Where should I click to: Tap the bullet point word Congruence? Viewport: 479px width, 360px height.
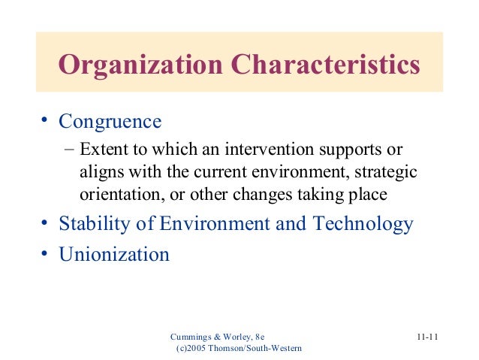pyautogui.click(x=110, y=121)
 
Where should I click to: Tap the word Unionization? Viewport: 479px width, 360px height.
pyautogui.click(x=114, y=254)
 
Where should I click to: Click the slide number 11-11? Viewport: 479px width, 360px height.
pyautogui.click(x=427, y=336)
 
